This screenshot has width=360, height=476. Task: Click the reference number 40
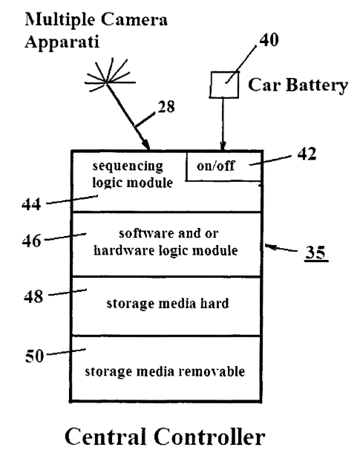click(269, 40)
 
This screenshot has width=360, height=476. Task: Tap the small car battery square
click(224, 85)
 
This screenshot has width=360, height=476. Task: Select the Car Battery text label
click(298, 85)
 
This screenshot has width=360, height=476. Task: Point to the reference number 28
click(166, 106)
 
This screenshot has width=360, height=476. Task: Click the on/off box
click(223, 166)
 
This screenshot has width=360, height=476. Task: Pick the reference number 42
click(307, 154)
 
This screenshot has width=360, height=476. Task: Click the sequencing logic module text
click(132, 175)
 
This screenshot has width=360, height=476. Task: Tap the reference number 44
click(31, 203)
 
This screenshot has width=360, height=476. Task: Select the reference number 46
click(32, 241)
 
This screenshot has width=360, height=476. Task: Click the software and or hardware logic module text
click(166, 242)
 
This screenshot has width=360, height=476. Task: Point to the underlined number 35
click(315, 252)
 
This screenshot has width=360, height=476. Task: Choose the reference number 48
click(33, 296)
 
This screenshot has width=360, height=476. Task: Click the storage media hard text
click(168, 304)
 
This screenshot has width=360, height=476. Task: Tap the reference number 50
click(34, 356)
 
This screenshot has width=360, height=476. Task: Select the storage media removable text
click(165, 371)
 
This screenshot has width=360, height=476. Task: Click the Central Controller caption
click(165, 437)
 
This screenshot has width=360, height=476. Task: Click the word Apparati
click(62, 42)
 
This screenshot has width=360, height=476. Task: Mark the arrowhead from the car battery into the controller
click(223, 146)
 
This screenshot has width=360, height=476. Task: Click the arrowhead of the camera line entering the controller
click(146, 145)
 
